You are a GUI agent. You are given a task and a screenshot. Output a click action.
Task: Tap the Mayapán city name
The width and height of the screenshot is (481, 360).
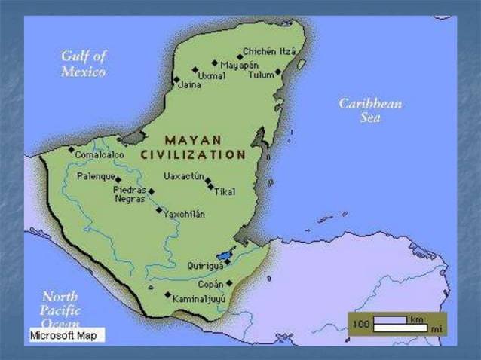pyautogui.click(x=240, y=65)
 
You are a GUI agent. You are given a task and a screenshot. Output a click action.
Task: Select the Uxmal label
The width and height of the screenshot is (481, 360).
pyautogui.click(x=211, y=76)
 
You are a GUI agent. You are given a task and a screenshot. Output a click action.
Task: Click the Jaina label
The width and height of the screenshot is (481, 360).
pyautogui.click(x=188, y=85)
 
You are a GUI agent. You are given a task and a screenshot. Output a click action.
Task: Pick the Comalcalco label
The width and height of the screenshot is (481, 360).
pyautogui.click(x=100, y=154)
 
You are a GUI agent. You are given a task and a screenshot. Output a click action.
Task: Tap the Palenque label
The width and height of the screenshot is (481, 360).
pyautogui.click(x=95, y=176)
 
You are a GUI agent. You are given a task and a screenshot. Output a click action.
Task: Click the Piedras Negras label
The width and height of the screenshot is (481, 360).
pyautogui.click(x=129, y=194)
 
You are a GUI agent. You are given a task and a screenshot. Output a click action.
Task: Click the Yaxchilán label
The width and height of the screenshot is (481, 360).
pyautogui.click(x=184, y=214)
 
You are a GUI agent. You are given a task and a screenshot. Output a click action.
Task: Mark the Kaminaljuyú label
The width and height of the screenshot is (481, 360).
pyautogui.click(x=199, y=299)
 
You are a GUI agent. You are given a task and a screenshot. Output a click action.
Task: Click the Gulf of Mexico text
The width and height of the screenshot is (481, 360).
pyautogui.click(x=84, y=64)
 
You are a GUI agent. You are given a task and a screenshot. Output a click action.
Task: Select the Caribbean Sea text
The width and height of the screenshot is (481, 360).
pyautogui.click(x=369, y=111)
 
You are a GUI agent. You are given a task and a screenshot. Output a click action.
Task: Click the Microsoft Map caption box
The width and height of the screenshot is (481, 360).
pyautogui.click(x=66, y=335)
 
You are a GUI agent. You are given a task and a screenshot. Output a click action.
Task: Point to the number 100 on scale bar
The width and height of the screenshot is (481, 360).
pyautogui.click(x=361, y=323)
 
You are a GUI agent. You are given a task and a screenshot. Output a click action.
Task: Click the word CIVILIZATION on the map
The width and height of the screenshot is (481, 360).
pyautogui.click(x=194, y=154)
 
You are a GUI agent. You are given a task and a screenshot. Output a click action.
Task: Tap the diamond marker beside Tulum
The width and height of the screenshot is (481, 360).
pyautogui.click(x=278, y=72)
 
